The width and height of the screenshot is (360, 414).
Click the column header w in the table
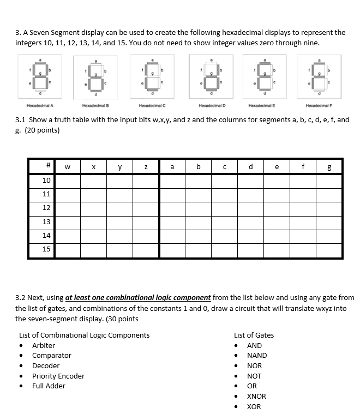click(x=68, y=166)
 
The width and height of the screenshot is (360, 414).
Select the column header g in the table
click(x=329, y=166)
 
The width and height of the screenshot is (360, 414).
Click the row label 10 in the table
click(x=46, y=181)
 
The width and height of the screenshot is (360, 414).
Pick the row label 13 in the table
click(x=46, y=221)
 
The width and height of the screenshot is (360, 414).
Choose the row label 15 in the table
click(x=46, y=249)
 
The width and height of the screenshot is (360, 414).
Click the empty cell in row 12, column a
click(x=172, y=208)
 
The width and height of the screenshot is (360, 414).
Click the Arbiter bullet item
click(x=44, y=345)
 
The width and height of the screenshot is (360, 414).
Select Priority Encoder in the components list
click(x=58, y=376)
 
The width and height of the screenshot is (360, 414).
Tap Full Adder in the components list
click(x=49, y=386)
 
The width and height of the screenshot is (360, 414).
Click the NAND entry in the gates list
click(x=257, y=355)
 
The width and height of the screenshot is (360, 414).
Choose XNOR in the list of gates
click(x=256, y=396)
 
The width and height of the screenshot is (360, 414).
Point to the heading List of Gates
click(x=254, y=335)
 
